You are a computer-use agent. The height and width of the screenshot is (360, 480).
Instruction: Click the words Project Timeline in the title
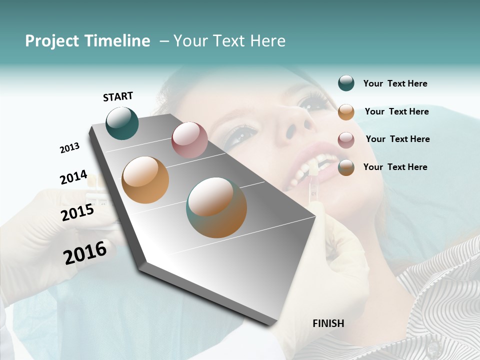coord(87,41)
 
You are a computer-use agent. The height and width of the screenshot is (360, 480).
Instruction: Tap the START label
coord(118,96)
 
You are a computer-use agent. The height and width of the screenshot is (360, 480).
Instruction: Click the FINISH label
coord(328,323)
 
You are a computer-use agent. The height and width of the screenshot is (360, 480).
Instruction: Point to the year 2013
coord(69,148)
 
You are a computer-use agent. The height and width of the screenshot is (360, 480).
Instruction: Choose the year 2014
coord(73,177)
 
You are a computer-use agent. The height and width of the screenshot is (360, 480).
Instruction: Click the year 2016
coord(85,252)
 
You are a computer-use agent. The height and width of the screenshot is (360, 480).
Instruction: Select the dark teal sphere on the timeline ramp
coord(122,123)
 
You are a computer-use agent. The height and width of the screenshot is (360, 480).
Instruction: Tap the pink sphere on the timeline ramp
coord(189,139)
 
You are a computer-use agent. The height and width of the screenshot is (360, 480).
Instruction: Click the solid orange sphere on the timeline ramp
coord(145,180)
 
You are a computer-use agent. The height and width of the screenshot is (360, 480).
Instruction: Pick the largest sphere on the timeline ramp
coord(216,207)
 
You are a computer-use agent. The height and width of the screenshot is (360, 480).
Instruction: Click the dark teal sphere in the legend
coord(346,83)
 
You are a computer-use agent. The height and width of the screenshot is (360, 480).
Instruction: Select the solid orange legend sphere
coord(346,112)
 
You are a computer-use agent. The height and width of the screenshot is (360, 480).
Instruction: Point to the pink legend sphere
coord(346,140)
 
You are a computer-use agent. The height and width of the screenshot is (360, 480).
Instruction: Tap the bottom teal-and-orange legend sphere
coord(346,167)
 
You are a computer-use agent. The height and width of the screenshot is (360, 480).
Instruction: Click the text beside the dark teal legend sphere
coord(395,84)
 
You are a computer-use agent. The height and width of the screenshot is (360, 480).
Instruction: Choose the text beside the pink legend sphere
coord(397,139)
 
